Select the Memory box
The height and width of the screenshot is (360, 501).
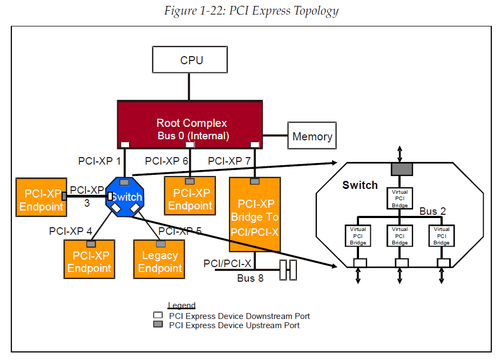312,136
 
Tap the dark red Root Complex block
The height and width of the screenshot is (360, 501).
190,124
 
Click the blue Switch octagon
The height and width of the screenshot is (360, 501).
125,197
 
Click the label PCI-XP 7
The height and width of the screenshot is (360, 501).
229,161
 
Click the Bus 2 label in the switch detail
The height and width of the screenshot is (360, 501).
432,211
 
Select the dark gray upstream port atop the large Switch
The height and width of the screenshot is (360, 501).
401,169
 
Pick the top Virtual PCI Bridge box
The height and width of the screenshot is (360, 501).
400,199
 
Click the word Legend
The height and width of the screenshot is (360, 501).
181,305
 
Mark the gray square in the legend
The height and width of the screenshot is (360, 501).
158,325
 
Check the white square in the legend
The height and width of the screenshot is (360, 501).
158,315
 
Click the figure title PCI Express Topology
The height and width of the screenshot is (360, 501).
251,11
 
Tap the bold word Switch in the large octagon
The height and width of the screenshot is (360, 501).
360,185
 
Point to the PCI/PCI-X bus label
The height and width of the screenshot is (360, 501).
227,263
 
